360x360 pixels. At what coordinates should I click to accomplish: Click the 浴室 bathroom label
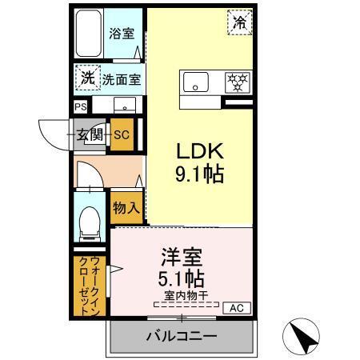pyautogui.click(x=122, y=34)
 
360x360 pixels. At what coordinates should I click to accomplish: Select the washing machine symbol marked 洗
pyautogui.click(x=87, y=78)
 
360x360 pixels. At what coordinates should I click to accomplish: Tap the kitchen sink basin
pyautogui.click(x=195, y=82)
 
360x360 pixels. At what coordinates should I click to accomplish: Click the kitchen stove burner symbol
pyautogui.click(x=234, y=82)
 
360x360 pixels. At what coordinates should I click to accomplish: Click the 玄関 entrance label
pyautogui.click(x=90, y=134)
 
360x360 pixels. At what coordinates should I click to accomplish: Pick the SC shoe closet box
pyautogui.click(x=122, y=134)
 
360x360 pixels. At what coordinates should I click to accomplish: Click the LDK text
pyautogui.click(x=199, y=150)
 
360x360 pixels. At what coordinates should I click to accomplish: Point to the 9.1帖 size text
pyautogui.click(x=199, y=173)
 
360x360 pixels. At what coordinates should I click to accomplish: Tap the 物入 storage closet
pyautogui.click(x=126, y=207)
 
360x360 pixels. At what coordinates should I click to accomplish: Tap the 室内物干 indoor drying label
pyautogui.click(x=186, y=296)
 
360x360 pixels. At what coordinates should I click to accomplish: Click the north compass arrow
pyautogui.click(x=302, y=337)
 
